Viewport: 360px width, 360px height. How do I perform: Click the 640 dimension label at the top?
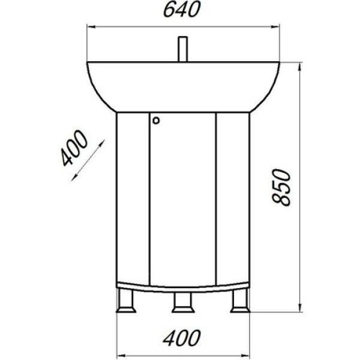[x=179, y=10]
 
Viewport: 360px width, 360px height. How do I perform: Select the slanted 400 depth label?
[x=74, y=148]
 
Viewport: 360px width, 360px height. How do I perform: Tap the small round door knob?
[x=157, y=120]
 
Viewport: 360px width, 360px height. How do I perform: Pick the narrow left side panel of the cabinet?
[x=133, y=198]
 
